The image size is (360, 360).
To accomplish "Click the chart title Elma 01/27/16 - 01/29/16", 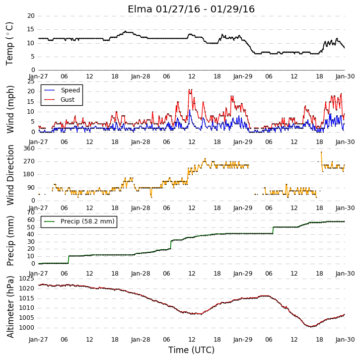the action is coord(191,9).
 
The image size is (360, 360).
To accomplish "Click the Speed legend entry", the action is coord(62,90).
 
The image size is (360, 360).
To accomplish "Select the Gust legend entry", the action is coord(60,100).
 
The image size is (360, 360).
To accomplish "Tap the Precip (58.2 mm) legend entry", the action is coord(79,221).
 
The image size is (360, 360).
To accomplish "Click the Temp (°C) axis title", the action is coord(9,44).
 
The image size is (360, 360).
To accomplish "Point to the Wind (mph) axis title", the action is coord(10,110).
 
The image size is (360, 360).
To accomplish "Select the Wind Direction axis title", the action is coord(10,175).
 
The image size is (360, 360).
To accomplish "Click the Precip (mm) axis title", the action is coord(10,241).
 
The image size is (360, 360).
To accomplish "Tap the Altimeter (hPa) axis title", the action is coord(10,307).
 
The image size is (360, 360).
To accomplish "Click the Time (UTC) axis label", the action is coord(191,350).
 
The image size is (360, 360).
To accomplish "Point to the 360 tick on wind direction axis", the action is coord(29,148).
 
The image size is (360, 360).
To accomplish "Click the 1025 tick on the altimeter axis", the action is coord(26,279).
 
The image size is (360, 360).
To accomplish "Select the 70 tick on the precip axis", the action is coord(31,213).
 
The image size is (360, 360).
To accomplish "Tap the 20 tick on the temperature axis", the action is coord(31,16).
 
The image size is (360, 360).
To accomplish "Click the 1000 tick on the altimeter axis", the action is coord(26,328).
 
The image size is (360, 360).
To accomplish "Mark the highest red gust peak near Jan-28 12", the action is coord(189,89).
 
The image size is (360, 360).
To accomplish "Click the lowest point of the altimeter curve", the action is coord(311,326).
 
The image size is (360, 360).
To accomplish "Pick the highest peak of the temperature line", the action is coord(125,31).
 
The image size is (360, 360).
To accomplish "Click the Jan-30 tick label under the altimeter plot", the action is coord(345,339).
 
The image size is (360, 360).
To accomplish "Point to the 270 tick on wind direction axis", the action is coord(29,161).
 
